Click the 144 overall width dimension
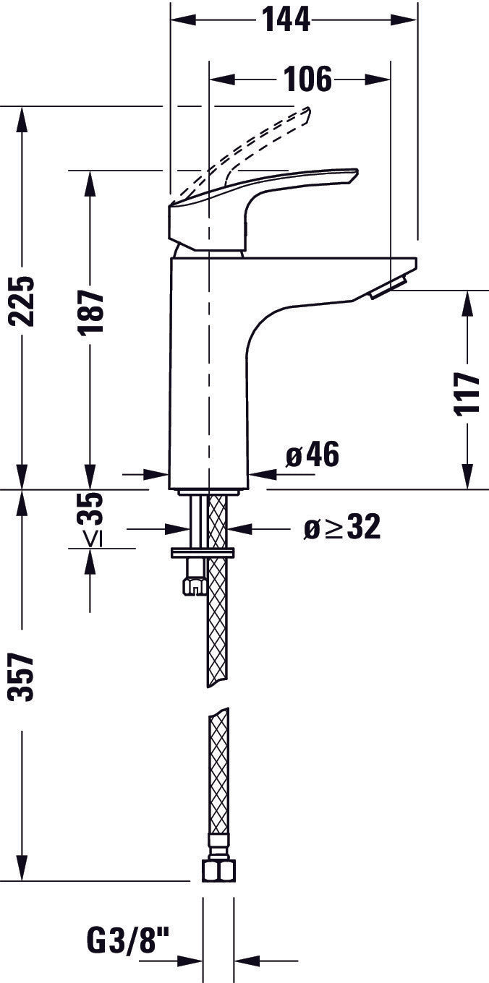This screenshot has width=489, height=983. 286,20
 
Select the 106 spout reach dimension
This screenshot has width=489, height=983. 306,79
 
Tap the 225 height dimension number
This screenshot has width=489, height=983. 24,301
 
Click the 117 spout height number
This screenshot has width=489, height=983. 468,392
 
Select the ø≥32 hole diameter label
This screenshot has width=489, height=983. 341,528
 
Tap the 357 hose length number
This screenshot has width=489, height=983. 23,677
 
